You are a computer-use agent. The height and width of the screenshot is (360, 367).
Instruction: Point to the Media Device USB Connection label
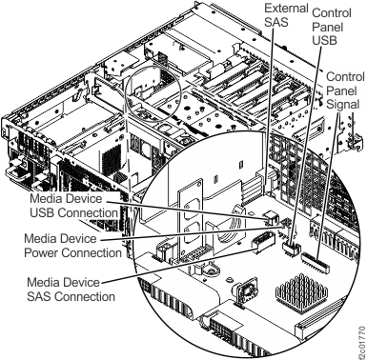(x=73, y=207)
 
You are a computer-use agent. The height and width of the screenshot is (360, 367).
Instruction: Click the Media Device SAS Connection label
(x=71, y=290)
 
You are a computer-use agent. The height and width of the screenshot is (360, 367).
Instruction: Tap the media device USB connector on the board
(x=270, y=223)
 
